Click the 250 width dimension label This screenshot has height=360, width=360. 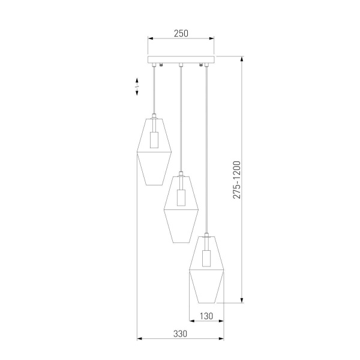point(181,34)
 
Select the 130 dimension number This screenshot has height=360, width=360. point(206,316)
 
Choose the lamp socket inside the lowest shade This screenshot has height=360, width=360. point(207,258)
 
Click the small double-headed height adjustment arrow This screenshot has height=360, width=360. point(137,88)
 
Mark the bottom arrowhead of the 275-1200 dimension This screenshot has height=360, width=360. point(242,301)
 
